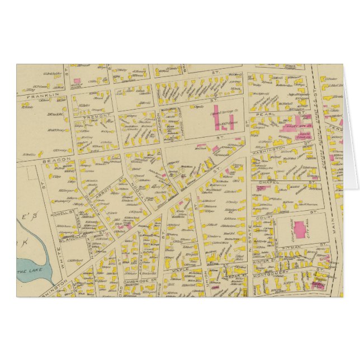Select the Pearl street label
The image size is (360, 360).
[270, 113]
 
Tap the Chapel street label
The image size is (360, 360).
[277, 182]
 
